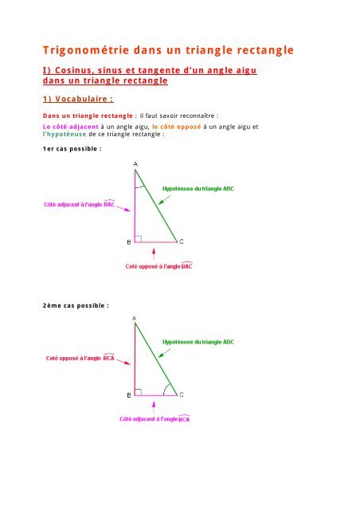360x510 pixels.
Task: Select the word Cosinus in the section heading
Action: [x=83, y=72]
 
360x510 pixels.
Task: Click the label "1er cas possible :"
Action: [x=72, y=149]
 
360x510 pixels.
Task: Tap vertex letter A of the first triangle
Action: [x=135, y=163]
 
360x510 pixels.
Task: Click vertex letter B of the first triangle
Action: [x=129, y=241]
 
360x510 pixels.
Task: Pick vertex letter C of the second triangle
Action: [x=181, y=394]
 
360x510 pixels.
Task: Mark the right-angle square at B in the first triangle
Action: [x=139, y=237]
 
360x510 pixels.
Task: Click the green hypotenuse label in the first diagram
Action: [x=198, y=189]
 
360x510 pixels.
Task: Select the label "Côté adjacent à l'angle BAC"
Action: [x=79, y=206]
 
